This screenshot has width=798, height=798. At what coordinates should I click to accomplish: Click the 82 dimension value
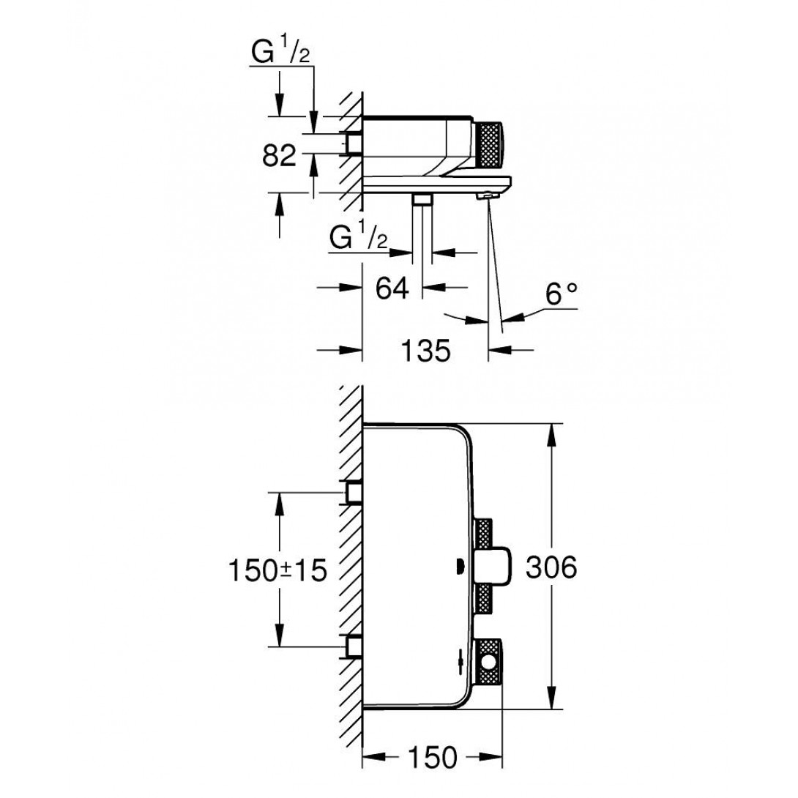click(x=280, y=155)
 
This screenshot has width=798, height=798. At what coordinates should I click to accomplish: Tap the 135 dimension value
click(x=425, y=351)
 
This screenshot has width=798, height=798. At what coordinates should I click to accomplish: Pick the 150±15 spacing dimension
click(x=276, y=570)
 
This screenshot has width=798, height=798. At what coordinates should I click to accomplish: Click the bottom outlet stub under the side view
click(x=422, y=199)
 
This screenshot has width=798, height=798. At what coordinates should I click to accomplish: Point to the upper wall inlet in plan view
click(x=354, y=493)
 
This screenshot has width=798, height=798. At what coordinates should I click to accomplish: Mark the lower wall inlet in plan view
click(x=354, y=646)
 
